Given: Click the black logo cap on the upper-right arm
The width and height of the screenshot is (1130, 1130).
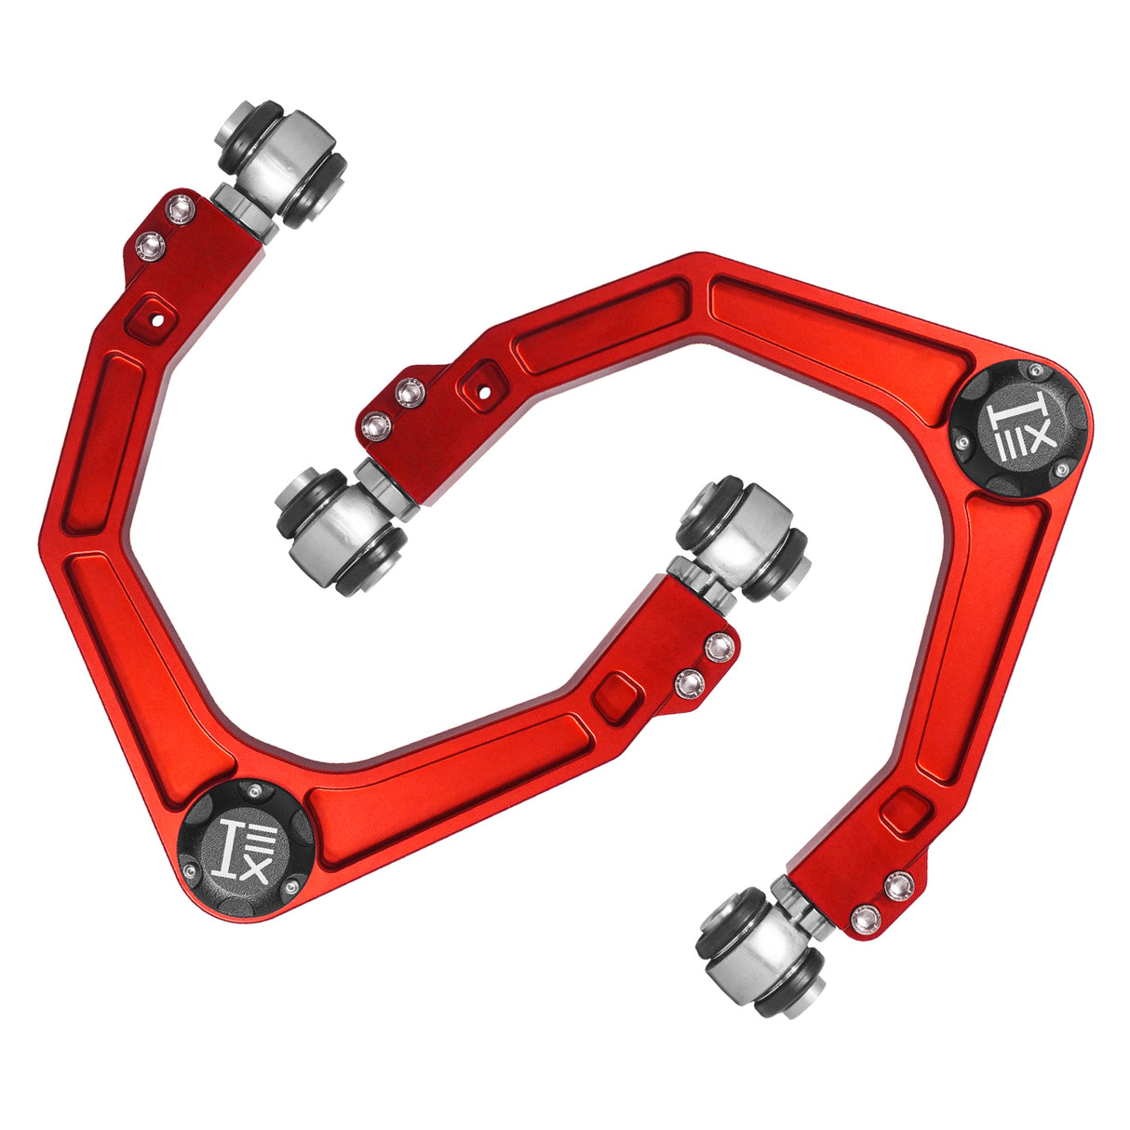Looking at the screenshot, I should point(1017,429).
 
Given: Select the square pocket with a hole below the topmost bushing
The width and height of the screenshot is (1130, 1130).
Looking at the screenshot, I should point(155,317).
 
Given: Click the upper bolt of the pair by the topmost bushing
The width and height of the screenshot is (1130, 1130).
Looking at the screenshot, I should point(181,209).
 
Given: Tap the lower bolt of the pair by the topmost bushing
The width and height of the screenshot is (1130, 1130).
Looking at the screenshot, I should point(150,246).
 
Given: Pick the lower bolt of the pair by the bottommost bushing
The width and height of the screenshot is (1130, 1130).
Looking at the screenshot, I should point(866,919).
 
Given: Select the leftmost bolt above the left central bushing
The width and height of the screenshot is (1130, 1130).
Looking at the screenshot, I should point(376,427).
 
